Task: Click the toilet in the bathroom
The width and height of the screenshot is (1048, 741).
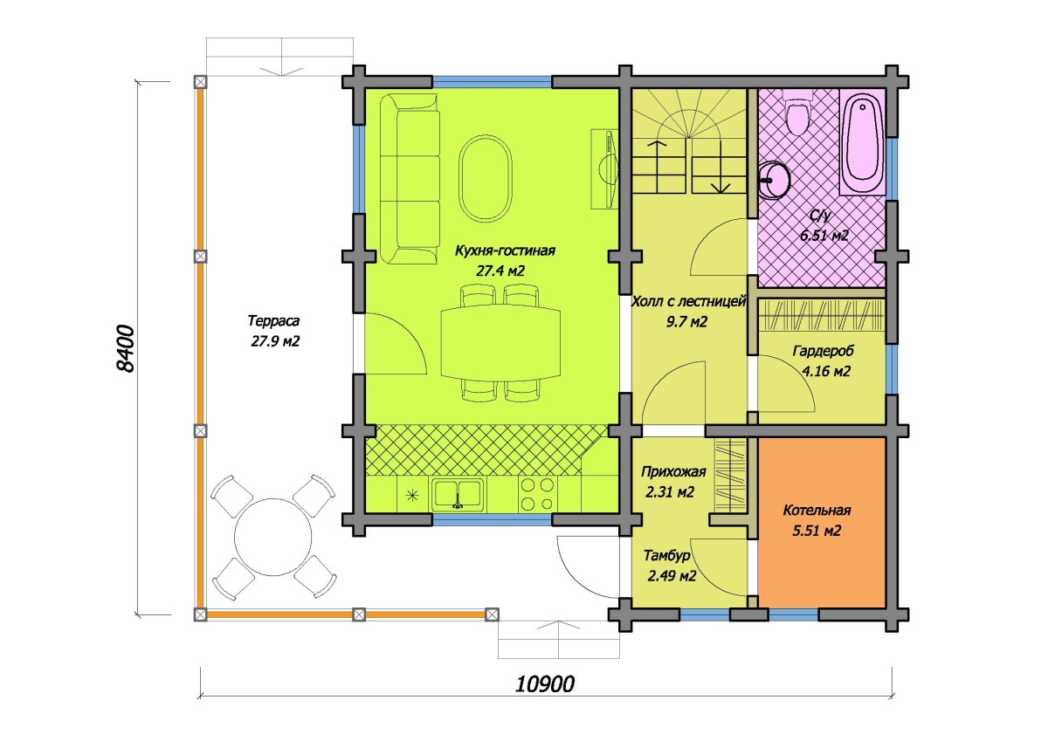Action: [797, 113]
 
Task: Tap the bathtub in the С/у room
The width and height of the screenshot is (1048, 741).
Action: [862, 142]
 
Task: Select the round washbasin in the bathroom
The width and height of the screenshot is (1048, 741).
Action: [775, 180]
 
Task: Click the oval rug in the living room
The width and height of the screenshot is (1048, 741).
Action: [486, 178]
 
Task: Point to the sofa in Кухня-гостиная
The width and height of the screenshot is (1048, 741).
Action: [410, 179]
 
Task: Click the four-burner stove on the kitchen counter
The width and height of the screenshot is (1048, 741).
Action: [538, 495]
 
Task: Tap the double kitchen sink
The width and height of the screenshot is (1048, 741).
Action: [458, 494]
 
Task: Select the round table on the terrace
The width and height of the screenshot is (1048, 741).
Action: [273, 537]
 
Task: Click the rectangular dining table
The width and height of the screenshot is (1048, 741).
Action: [500, 343]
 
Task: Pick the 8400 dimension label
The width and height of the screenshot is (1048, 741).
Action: [125, 349]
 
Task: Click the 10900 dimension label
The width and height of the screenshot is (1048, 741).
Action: [545, 684]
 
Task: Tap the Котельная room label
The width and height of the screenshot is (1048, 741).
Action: [817, 510]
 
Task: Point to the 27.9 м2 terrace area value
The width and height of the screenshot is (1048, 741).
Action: [275, 341]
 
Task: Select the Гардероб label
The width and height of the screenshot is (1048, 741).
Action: [824, 351]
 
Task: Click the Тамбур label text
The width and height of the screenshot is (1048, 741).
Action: [666, 555]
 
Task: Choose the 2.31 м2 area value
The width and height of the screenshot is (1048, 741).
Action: [670, 492]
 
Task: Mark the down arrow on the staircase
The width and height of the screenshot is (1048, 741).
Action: [720, 167]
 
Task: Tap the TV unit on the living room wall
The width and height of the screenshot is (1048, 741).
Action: [604, 169]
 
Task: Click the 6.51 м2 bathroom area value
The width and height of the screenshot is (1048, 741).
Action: [824, 235]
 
